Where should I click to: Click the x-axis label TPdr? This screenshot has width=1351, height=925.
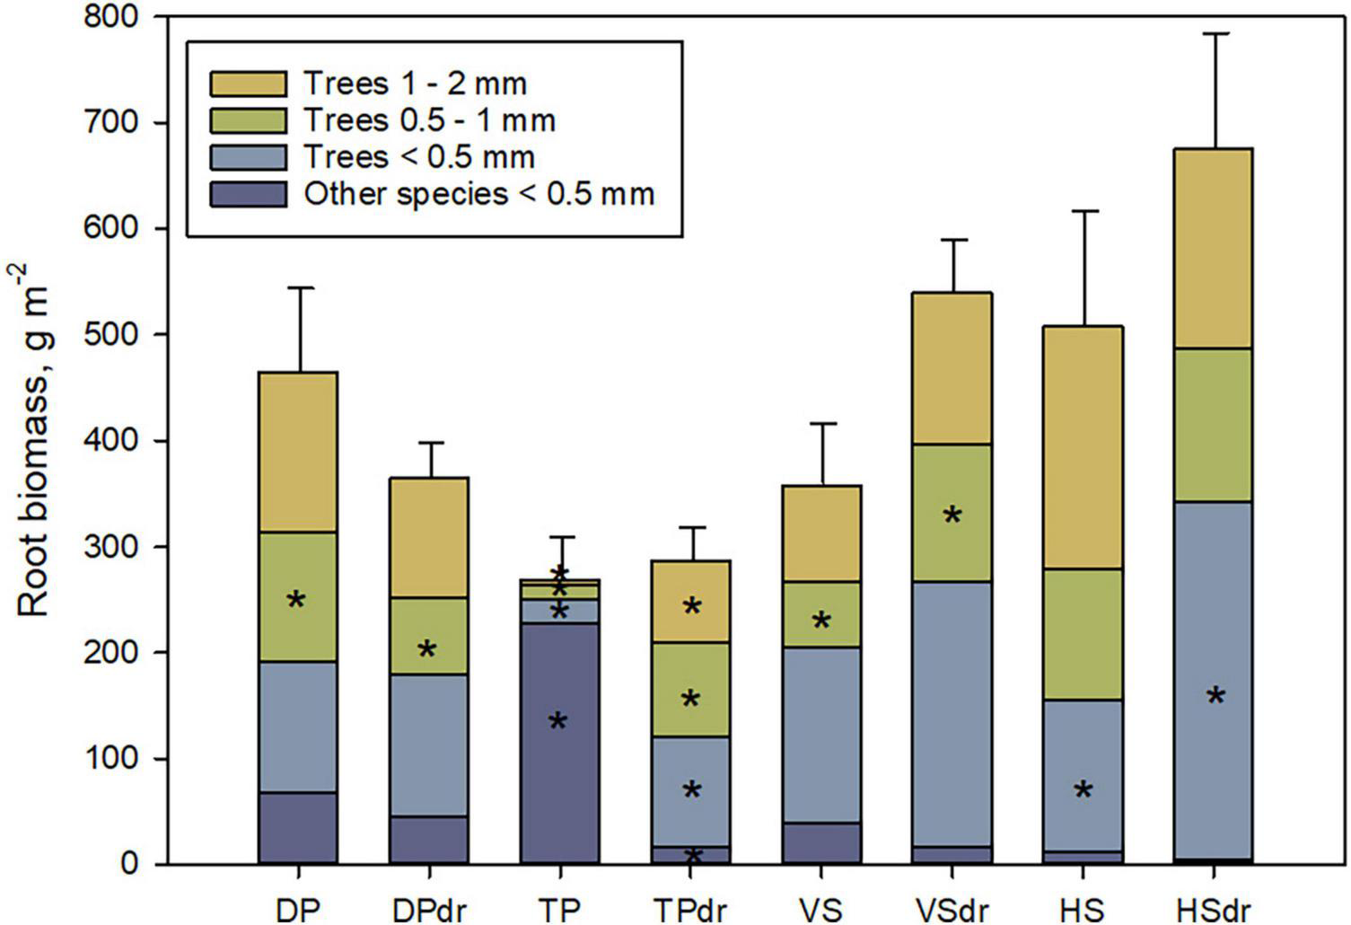click(691, 909)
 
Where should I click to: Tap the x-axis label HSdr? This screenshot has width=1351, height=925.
click(1215, 909)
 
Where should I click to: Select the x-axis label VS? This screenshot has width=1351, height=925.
click(821, 909)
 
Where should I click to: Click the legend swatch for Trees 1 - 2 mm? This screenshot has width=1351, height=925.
click(248, 84)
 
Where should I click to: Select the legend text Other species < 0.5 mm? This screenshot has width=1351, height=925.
click(478, 193)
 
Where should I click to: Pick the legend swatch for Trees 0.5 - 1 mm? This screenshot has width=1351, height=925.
click(248, 120)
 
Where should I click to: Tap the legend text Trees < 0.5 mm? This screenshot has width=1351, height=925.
click(418, 157)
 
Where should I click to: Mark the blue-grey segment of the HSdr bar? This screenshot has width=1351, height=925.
click(1215, 629)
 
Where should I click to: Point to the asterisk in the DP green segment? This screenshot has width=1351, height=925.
click(296, 601)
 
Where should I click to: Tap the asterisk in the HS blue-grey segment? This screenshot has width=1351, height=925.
click(1083, 791)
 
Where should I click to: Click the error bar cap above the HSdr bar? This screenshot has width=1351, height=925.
click(1215, 34)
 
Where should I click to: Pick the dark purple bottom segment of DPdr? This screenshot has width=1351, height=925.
click(429, 840)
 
